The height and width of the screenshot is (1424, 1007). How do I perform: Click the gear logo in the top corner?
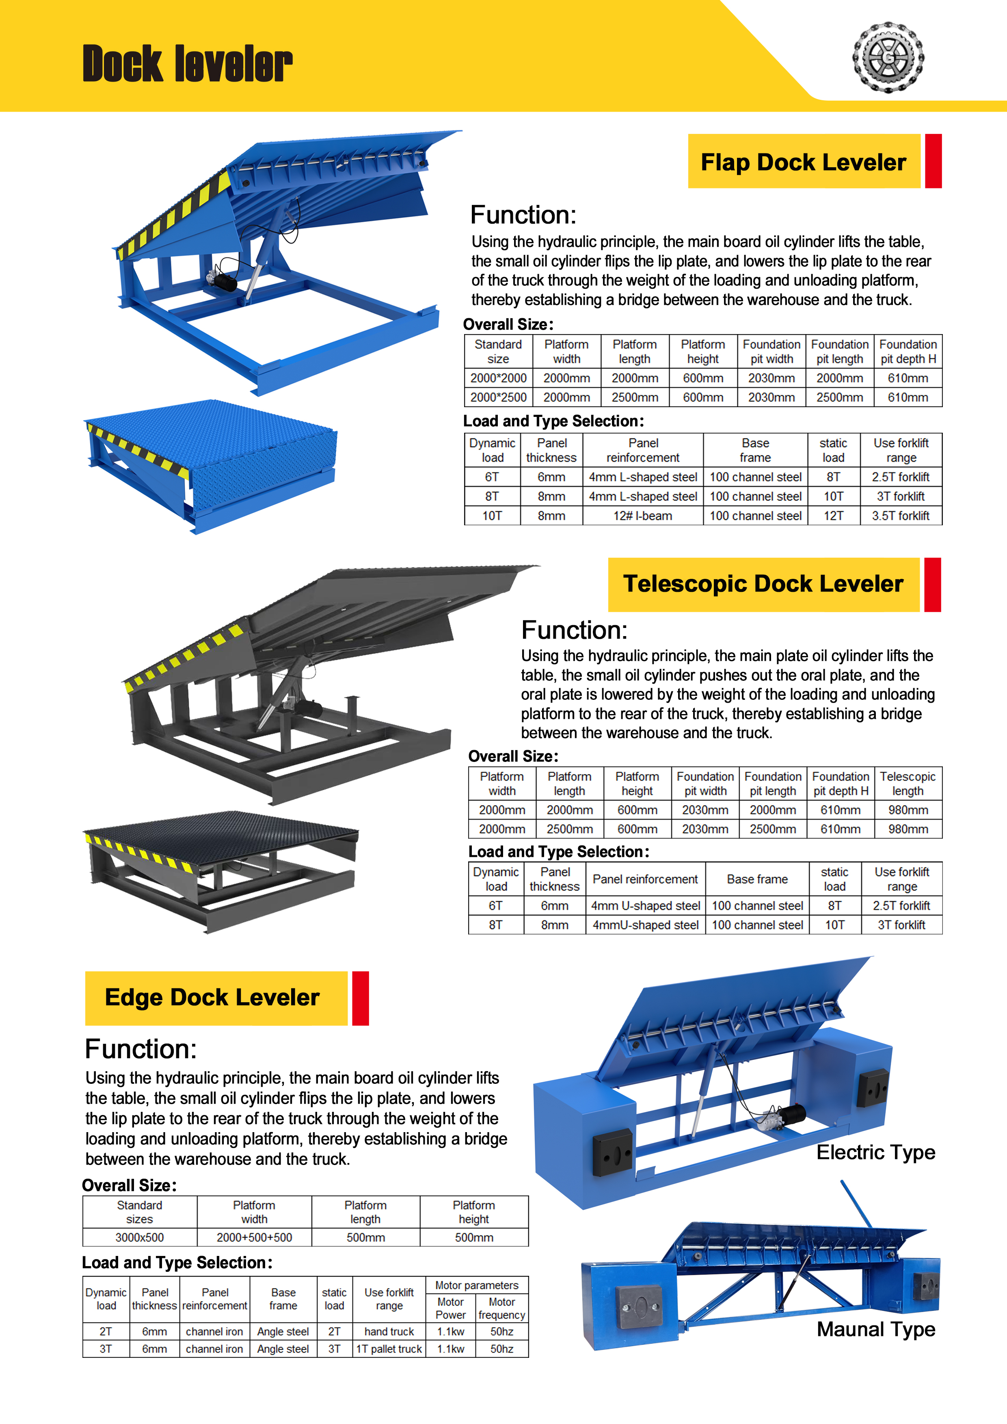coord(888,58)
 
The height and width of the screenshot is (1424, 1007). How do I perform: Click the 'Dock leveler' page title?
coord(187,63)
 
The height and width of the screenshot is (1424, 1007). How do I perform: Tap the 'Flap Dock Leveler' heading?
coord(804,162)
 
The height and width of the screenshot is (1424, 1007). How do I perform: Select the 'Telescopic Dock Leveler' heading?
coord(763,584)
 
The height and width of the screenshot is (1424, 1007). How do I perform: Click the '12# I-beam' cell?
coord(643,516)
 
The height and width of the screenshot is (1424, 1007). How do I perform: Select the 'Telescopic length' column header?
coord(908,783)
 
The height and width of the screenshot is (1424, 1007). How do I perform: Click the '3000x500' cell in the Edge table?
coord(140,1237)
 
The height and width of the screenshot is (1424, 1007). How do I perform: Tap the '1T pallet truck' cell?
coord(389,1349)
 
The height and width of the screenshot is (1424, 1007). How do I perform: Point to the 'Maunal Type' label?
coord(875,1329)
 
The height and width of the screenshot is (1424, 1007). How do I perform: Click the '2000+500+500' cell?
coord(254,1237)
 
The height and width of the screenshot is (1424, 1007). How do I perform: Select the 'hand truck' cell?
coord(389,1331)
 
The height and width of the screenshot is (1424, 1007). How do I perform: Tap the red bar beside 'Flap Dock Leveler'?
coord(933,161)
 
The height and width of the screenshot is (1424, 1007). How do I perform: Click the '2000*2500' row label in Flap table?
coord(498,397)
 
